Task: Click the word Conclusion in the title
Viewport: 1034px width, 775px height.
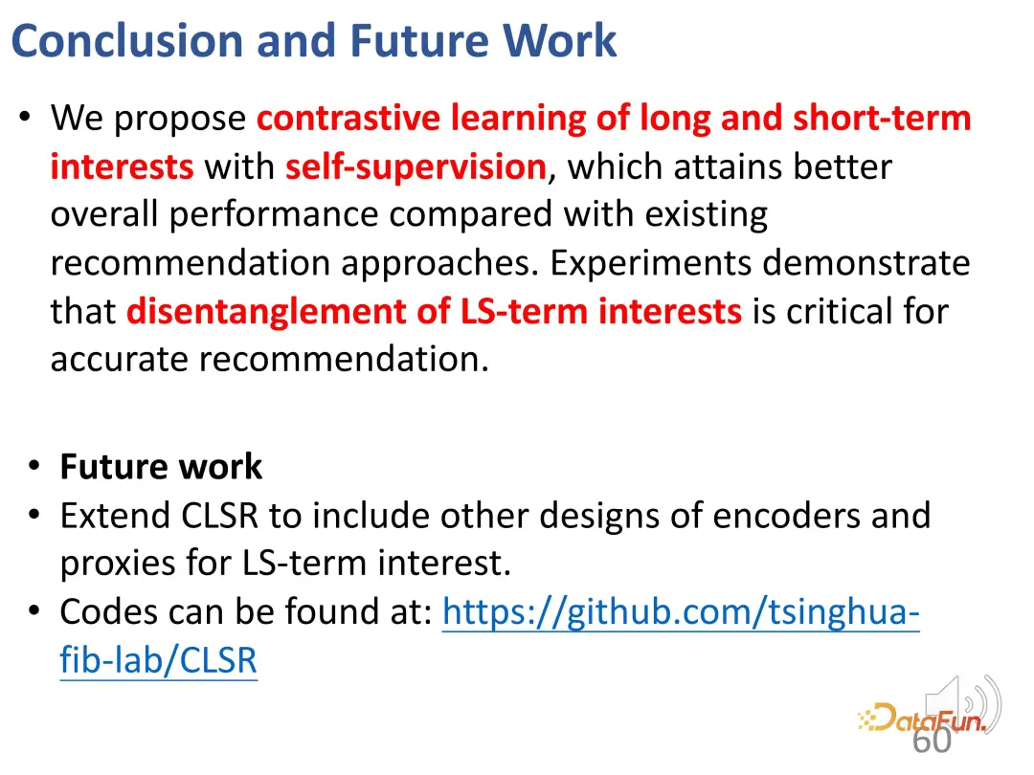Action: coord(127,41)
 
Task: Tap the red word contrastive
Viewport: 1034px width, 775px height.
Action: coord(348,118)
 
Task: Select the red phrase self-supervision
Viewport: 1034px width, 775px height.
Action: coord(416,167)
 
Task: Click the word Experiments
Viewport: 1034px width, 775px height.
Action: coord(651,264)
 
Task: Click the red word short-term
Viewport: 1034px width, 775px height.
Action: coord(882,118)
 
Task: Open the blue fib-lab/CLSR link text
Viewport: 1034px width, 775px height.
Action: coord(158,659)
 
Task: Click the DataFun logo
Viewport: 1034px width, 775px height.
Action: coord(922,719)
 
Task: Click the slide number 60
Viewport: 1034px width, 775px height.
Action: coord(932,740)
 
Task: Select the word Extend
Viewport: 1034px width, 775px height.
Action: coord(115,516)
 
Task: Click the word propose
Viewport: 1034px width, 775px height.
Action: coord(180,120)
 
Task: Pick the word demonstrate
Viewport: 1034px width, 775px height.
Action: coord(866,264)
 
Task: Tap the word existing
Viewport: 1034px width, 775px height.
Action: coord(707,215)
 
